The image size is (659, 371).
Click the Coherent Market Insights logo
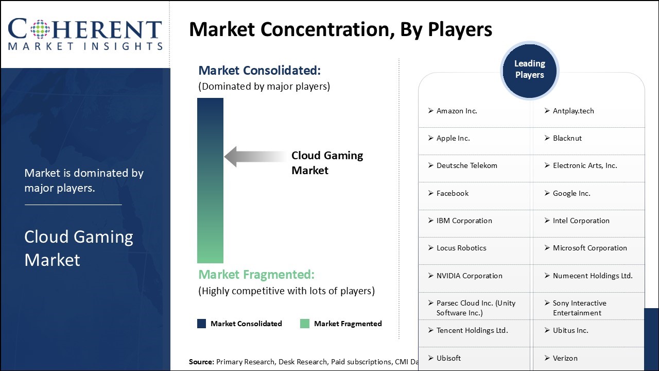(x=85, y=34)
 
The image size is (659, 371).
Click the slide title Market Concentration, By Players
(x=340, y=30)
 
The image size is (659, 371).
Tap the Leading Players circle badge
(x=529, y=70)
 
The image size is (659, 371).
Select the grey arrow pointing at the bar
(x=255, y=157)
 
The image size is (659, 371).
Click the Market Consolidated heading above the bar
(x=259, y=71)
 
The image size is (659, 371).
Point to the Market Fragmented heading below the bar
(x=256, y=274)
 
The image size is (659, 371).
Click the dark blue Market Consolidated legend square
(x=202, y=324)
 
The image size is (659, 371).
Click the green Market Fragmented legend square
(x=305, y=324)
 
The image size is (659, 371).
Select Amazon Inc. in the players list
(x=457, y=111)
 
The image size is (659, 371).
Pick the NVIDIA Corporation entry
(x=469, y=276)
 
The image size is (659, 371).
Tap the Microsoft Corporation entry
(x=589, y=248)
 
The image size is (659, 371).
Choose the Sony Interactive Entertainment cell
(x=579, y=308)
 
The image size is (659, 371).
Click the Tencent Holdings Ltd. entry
(x=472, y=330)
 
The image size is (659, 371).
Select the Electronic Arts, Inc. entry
(x=584, y=165)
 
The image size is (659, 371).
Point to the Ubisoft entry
(x=448, y=358)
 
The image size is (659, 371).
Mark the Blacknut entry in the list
(x=567, y=138)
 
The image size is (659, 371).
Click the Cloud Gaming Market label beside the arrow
(x=327, y=163)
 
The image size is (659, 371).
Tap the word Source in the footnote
(x=201, y=362)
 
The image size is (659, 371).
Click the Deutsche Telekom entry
(x=466, y=165)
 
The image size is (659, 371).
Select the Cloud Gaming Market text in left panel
(x=78, y=248)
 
